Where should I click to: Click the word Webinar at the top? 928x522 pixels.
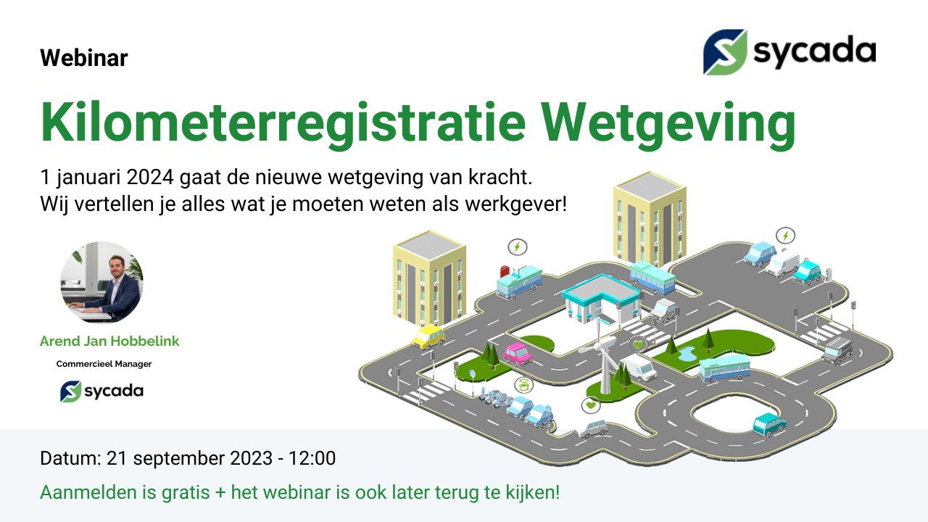[x=84, y=58]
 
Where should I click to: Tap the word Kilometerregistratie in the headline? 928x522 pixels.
[x=283, y=123]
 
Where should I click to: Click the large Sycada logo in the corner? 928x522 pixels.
[x=790, y=51]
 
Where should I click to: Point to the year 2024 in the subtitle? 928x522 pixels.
[x=150, y=178]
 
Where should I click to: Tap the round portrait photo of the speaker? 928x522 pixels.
[x=102, y=283]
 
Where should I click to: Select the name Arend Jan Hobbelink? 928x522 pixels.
[x=109, y=341]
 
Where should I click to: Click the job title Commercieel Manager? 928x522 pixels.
[x=104, y=364]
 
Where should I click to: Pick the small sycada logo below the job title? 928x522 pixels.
[x=102, y=391]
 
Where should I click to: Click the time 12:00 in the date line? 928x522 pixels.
[x=312, y=458]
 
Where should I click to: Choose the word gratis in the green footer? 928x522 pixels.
[x=185, y=493]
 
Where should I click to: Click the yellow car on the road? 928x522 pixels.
[x=428, y=337]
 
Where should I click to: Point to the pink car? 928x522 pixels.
[x=518, y=354]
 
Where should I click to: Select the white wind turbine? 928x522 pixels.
[x=603, y=356]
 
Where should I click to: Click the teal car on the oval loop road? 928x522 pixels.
[x=769, y=424]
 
